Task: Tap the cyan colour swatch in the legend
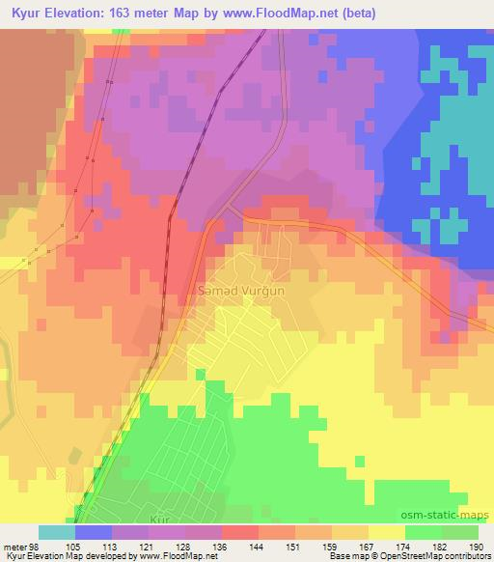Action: tap(56, 532)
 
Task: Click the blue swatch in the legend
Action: tap(93, 532)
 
